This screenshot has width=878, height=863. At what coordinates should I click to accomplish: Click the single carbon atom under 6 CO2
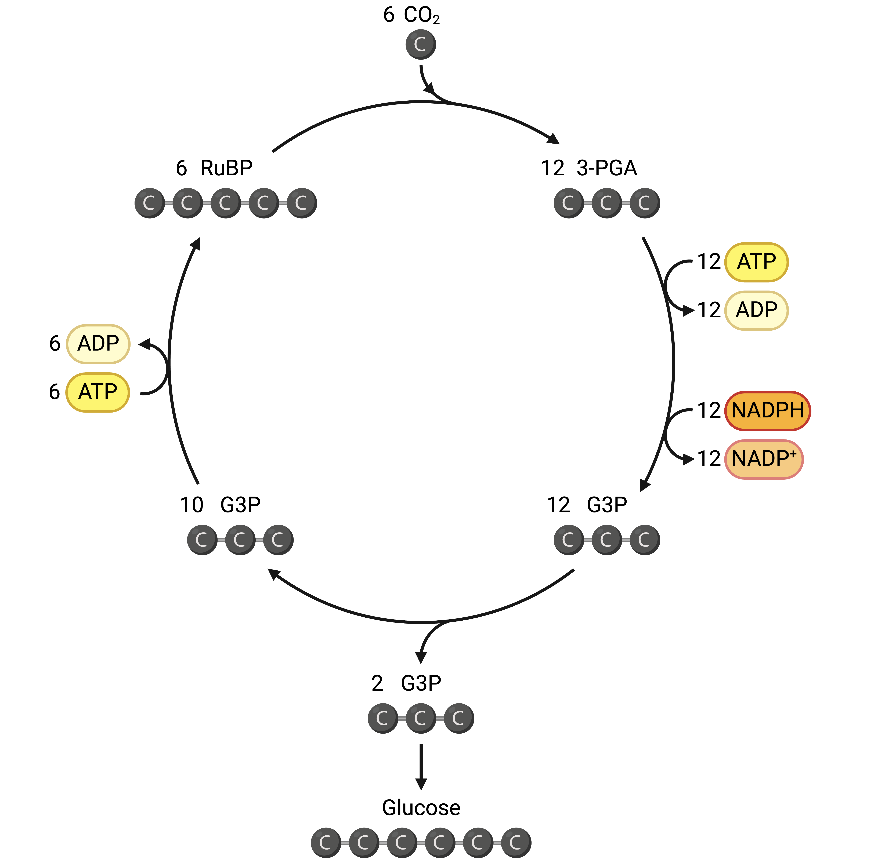click(420, 44)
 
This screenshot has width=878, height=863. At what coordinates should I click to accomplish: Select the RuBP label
click(226, 168)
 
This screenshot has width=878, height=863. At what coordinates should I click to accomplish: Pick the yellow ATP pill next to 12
click(756, 262)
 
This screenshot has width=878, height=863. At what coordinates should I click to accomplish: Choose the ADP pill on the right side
click(756, 311)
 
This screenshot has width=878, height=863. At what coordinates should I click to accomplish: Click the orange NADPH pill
click(767, 411)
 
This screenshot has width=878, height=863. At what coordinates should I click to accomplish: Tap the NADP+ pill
click(764, 459)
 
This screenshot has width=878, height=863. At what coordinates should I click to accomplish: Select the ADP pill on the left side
click(98, 344)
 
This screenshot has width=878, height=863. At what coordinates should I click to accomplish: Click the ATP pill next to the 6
click(97, 392)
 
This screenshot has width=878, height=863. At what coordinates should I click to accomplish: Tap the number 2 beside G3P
click(377, 683)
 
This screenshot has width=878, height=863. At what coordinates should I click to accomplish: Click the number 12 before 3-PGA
click(552, 168)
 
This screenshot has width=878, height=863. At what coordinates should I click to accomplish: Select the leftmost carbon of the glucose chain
click(326, 843)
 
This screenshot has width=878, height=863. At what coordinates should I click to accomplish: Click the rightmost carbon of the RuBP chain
click(302, 203)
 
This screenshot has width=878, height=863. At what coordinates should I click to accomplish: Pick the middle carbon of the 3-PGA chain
click(606, 203)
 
